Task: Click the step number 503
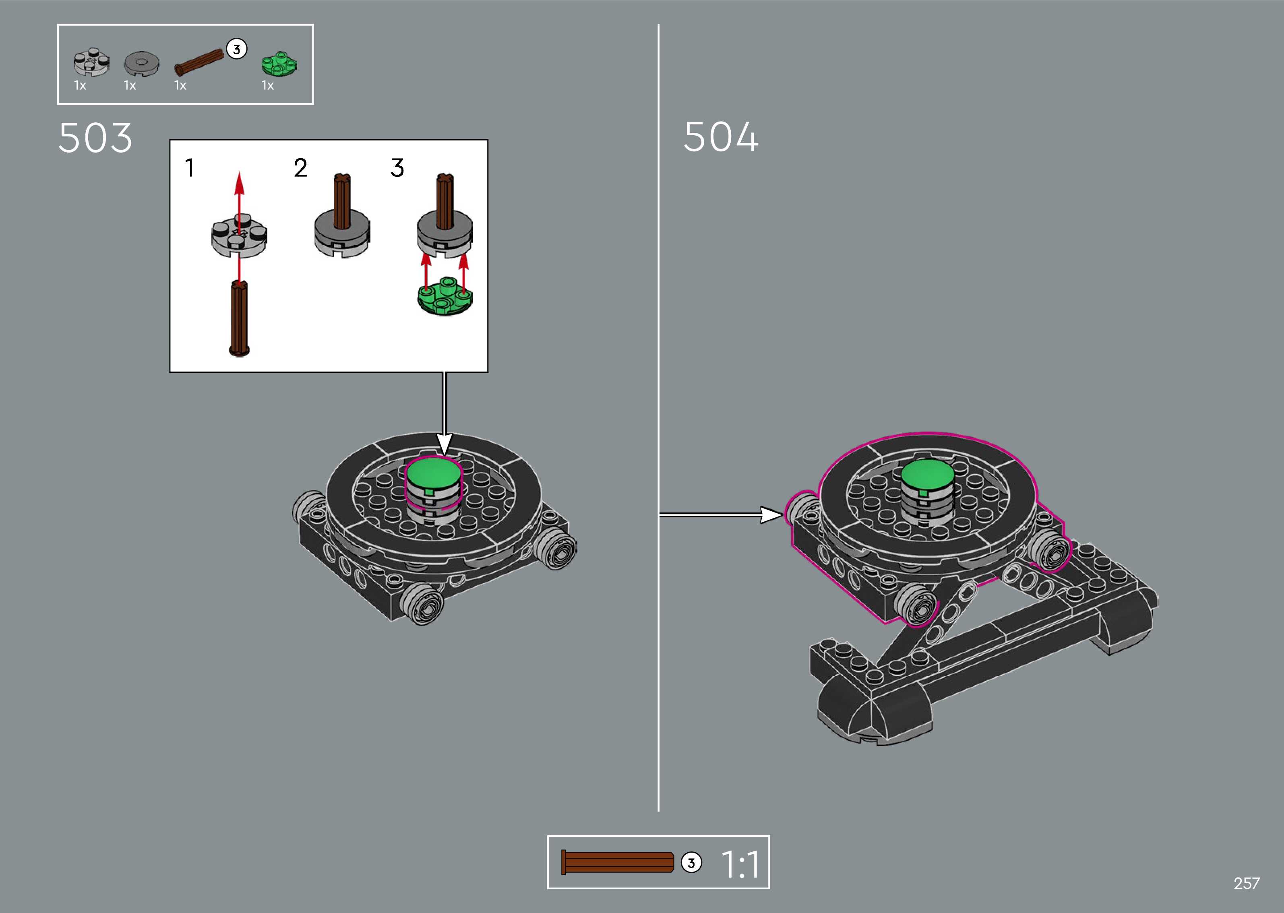click(95, 138)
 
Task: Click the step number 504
click(721, 137)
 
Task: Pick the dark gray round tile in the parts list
click(141, 64)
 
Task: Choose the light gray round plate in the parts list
click(92, 62)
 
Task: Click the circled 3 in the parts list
click(237, 50)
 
